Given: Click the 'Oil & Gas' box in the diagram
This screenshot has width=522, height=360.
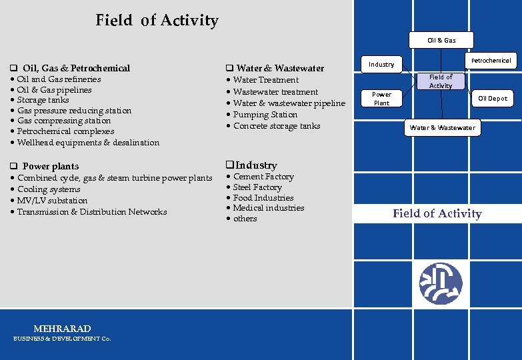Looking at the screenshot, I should (441, 40).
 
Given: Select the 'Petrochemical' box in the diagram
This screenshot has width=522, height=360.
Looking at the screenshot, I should (491, 60).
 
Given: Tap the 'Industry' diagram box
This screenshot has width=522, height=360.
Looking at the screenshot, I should (381, 65).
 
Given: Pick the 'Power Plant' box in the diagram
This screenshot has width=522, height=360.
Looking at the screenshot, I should (381, 99).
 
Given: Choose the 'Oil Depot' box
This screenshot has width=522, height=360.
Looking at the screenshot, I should (492, 98).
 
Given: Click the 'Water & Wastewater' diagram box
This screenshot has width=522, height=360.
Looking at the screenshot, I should (443, 127).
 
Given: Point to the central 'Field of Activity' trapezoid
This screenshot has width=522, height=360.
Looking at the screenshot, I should (440, 81).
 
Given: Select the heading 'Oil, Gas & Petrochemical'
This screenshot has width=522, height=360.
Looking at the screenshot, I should (75, 68).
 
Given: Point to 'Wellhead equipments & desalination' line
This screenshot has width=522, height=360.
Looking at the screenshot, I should (88, 142).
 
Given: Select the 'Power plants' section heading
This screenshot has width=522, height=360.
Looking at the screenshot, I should (50, 166).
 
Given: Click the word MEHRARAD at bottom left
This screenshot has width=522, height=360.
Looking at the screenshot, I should (62, 329).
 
